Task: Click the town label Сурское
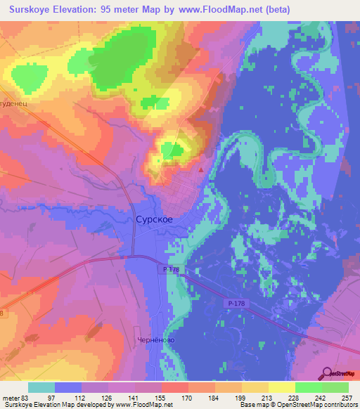(153, 219)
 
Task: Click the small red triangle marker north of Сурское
(202, 169)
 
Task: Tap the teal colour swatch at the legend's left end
(41, 387)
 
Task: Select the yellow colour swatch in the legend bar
(281, 387)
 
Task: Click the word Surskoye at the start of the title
(34, 11)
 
